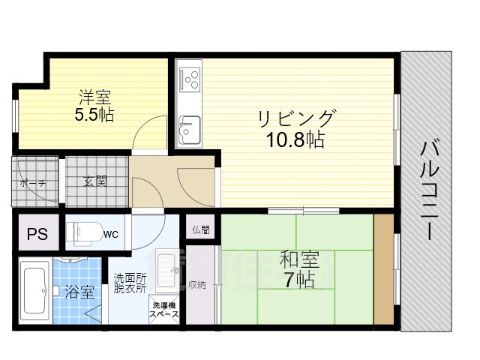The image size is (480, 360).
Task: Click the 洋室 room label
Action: [94, 97]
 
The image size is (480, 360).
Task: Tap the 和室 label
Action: [299, 260]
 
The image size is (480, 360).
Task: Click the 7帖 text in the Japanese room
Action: [299, 280]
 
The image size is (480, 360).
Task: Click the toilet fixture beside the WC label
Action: [82, 233]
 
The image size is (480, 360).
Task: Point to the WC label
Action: [110, 234]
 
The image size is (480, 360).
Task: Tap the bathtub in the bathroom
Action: [34, 288]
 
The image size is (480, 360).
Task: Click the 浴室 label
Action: [79, 291]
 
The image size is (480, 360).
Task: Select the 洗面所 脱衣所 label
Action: [130, 283]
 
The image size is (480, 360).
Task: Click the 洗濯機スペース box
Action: [165, 310]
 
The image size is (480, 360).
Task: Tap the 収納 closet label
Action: [198, 285]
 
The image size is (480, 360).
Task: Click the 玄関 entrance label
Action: [94, 181]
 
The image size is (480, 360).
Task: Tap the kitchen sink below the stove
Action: [189, 130]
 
